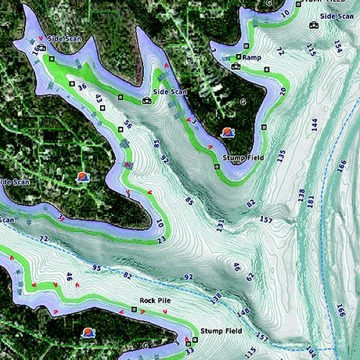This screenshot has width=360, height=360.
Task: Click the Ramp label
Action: click(x=251, y=57)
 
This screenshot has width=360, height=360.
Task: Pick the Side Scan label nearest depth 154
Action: click(x=337, y=16)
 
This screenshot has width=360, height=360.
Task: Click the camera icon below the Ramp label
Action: click(x=235, y=67)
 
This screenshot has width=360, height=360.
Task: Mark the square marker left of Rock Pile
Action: click(x=134, y=309)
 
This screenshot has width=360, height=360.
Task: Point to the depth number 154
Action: click(x=337, y=47)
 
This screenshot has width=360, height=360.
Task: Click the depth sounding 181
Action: click(x=311, y=202)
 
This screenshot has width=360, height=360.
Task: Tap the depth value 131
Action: click(x=220, y=225)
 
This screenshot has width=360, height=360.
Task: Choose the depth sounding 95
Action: click(x=96, y=268)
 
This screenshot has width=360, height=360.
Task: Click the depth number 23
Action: click(x=161, y=240)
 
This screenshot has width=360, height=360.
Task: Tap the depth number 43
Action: click(x=99, y=99)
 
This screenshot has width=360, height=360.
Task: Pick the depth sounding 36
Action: click(x=82, y=87)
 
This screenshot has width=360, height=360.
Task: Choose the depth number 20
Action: click(x=283, y=91)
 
